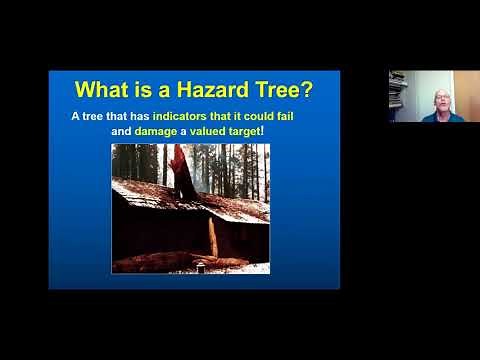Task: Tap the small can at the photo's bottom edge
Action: click(x=200, y=268)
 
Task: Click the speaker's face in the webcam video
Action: click(x=440, y=101)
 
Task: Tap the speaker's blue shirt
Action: click(x=440, y=118)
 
